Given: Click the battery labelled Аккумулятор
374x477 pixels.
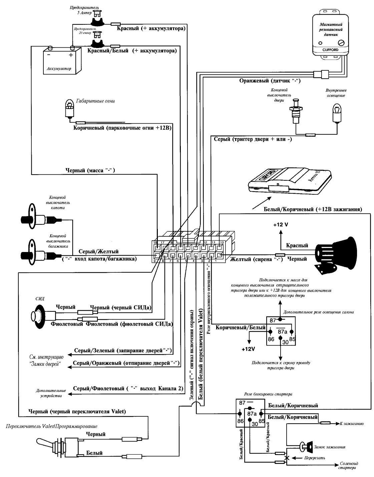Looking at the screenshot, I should pyautogui.click(x=62, y=60).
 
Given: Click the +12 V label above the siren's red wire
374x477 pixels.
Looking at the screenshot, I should pyautogui.click(x=280, y=225).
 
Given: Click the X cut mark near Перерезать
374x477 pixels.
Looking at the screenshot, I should pyautogui.click(x=286, y=458).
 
